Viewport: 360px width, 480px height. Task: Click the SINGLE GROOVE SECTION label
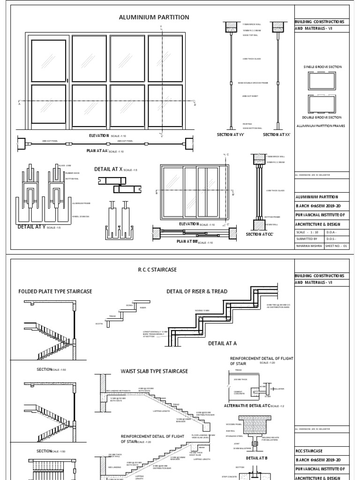[x=323, y=67]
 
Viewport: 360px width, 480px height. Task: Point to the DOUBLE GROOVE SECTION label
[x=323, y=117]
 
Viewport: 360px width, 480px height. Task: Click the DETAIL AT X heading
[x=108, y=169]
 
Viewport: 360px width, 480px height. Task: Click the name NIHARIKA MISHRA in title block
[x=309, y=245]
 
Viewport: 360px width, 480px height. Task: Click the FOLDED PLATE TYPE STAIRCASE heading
[x=55, y=291]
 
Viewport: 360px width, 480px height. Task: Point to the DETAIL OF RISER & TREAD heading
[x=197, y=291]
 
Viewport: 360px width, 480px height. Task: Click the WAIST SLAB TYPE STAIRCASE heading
[x=154, y=371]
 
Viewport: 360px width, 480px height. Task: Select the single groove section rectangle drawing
[x=323, y=82]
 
